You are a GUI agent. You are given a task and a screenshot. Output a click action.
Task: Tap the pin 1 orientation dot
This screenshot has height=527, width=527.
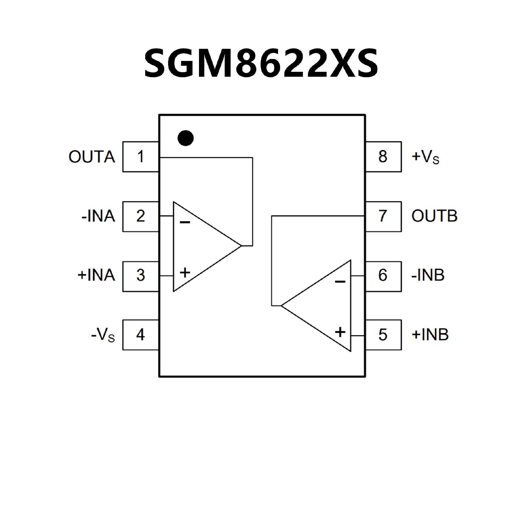186,138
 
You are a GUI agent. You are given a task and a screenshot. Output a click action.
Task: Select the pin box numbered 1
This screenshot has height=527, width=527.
141,157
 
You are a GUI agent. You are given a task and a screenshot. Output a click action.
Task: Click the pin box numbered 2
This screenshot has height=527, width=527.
141,216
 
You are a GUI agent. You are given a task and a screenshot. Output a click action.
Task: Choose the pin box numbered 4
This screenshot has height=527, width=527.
141,335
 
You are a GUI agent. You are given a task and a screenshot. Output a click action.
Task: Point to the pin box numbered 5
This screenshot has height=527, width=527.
383,335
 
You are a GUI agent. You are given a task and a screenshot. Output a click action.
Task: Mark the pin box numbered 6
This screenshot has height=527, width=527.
383,276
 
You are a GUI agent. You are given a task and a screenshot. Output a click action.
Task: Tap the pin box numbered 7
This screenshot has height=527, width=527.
383,216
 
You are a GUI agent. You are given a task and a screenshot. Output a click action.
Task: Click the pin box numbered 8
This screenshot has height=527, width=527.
383,157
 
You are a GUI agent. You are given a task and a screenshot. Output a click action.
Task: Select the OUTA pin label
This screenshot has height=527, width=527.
92,157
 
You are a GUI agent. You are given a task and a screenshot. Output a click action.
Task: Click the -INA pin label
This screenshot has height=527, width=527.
98,216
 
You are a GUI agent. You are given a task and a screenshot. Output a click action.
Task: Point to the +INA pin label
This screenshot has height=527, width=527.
96,275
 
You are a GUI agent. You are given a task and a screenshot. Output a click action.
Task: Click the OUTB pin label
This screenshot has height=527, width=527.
434,216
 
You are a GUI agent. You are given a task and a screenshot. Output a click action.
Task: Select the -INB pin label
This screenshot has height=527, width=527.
428,275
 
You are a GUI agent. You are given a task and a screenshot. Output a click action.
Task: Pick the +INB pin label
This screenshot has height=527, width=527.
430,335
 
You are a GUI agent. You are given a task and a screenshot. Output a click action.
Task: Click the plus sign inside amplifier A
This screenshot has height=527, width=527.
185,273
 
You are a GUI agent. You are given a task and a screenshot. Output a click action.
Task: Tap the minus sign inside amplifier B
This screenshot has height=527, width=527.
340,282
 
